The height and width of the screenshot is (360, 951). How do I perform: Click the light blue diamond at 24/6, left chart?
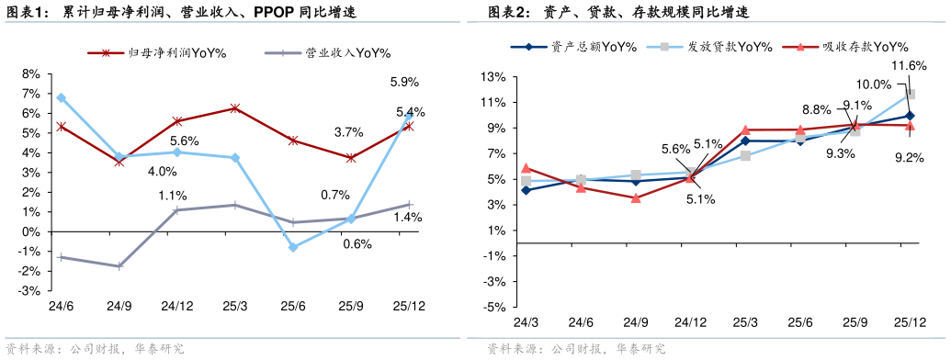tap(61, 97)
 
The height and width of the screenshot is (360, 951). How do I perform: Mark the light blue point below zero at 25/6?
tap(293, 247)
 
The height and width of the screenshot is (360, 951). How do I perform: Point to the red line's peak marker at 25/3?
tap(235, 108)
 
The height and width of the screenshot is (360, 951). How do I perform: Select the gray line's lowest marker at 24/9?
tap(119, 266)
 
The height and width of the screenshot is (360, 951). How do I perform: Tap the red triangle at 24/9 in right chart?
tap(636, 197)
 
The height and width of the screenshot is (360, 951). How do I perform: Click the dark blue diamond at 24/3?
tap(526, 189)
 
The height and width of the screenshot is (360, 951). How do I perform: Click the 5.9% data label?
tap(404, 83)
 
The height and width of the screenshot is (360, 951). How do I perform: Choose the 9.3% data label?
tap(841, 153)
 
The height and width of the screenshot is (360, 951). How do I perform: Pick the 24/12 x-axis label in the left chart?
tap(176, 306)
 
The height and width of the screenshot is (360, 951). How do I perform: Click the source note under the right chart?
tap(576, 349)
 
